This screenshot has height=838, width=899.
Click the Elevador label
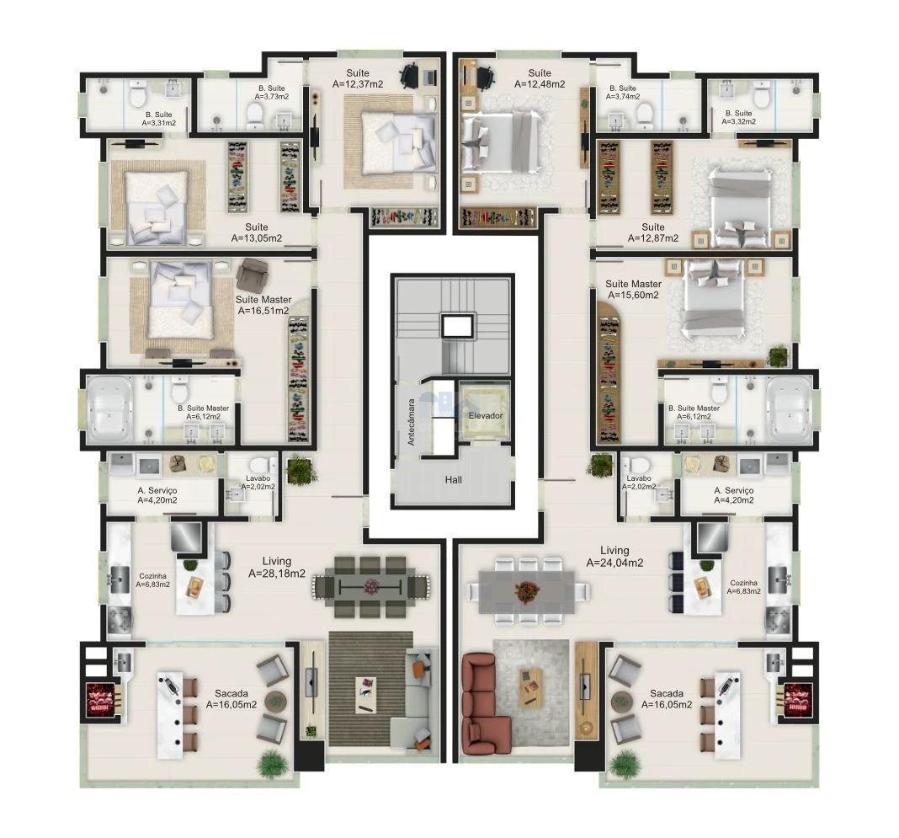click(x=486, y=416)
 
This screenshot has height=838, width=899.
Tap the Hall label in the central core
click(x=453, y=479)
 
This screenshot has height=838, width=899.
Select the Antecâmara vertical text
click(x=411, y=423)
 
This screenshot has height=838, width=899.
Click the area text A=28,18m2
click(x=277, y=573)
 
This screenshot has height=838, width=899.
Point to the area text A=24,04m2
click(x=614, y=563)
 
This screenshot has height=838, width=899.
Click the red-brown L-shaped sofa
click(x=486, y=704)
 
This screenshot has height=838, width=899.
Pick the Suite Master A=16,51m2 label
click(x=263, y=305)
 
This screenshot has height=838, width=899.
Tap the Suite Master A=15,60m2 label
click(x=633, y=290)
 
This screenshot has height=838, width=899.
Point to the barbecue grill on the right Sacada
click(x=796, y=699)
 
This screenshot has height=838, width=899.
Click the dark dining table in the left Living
click(x=371, y=586)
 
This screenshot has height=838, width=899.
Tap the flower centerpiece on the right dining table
click(x=524, y=591)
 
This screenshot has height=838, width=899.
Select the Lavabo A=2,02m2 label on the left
click(x=258, y=483)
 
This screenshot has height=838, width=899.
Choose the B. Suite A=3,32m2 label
click(x=738, y=118)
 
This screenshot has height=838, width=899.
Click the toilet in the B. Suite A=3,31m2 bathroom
click(x=138, y=95)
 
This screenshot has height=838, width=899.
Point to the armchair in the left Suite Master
click(x=252, y=275)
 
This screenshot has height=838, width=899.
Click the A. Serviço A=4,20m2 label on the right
click(x=733, y=495)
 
